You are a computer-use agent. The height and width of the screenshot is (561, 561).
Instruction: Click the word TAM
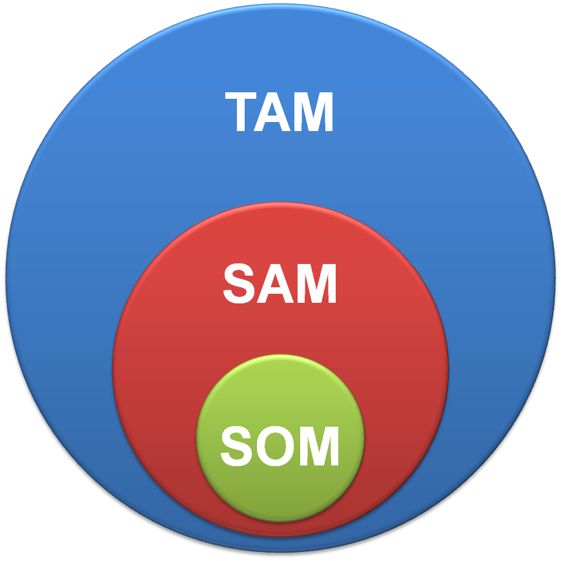280,112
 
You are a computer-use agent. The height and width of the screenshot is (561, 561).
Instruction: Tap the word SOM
280,445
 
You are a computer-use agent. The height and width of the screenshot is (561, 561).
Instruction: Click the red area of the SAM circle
161,362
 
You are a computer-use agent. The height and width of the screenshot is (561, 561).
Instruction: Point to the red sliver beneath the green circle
280,528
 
